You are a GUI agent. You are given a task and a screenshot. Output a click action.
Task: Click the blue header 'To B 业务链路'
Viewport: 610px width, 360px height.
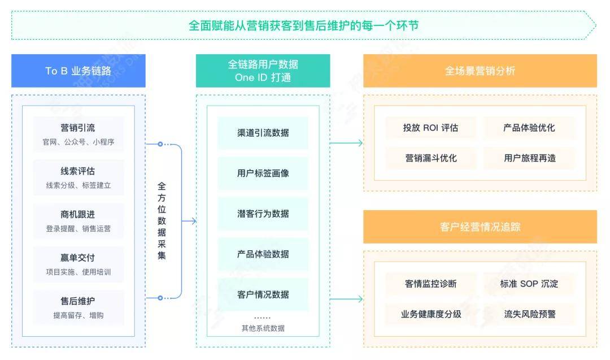[x=78, y=71]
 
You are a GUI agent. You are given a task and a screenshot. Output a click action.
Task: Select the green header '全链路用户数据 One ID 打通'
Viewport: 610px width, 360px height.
[x=263, y=71]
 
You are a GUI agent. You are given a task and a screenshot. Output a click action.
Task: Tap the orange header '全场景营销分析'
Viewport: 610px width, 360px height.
[x=480, y=71]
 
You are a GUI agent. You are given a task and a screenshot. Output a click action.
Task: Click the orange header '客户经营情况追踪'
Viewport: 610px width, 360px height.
[x=480, y=227]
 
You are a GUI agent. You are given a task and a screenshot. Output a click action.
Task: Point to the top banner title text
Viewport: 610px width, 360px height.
[x=303, y=25]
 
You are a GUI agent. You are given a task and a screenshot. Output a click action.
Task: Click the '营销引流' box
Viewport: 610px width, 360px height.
[x=78, y=134]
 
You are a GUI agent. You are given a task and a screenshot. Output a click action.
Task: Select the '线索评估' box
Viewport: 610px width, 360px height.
[x=78, y=177]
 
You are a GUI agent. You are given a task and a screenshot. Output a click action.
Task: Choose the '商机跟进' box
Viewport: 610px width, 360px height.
[x=78, y=221]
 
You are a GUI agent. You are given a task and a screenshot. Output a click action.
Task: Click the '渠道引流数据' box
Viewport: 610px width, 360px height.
[x=263, y=133]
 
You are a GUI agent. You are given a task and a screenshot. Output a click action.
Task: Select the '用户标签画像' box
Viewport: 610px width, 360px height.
[x=263, y=173]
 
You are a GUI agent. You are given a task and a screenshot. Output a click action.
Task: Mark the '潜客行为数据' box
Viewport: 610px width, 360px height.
[x=263, y=214]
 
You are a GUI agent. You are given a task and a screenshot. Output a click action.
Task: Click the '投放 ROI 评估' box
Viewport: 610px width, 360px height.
[x=430, y=128]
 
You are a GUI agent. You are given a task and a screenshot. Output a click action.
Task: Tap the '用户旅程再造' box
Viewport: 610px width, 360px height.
[x=529, y=158]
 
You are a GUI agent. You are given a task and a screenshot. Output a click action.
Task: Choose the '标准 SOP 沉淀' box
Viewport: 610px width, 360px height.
[x=529, y=284]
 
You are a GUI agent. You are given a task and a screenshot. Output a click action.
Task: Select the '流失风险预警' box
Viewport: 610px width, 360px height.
[x=529, y=314]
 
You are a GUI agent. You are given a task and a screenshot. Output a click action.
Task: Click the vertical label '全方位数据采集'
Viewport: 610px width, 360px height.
[x=162, y=221]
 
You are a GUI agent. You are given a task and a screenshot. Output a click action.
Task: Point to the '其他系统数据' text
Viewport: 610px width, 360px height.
[x=263, y=328]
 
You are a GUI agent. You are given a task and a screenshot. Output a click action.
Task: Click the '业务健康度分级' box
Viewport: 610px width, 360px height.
[x=430, y=314]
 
